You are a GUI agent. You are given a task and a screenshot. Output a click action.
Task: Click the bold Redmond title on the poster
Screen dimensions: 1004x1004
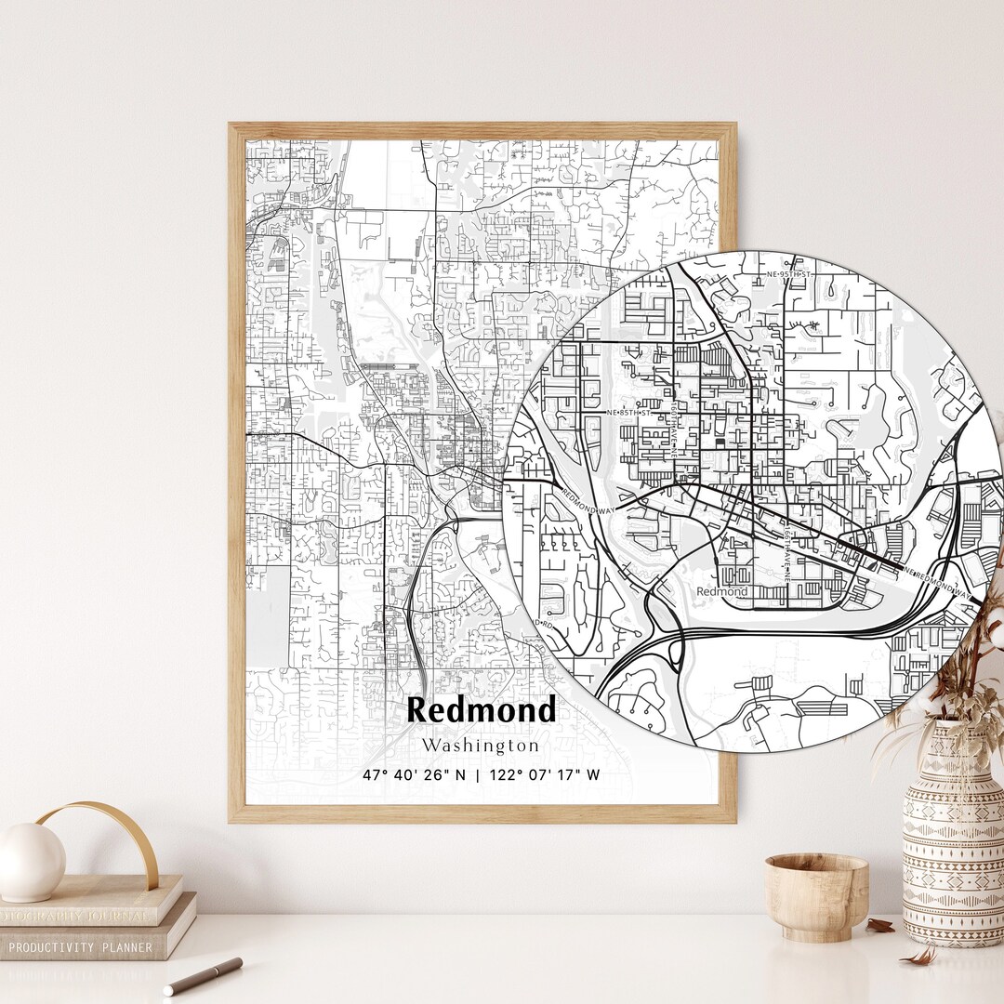click(x=482, y=710)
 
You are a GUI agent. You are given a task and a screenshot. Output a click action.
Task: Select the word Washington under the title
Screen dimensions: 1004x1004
click(x=480, y=746)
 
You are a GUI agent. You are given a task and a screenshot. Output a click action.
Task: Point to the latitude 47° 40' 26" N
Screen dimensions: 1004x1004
click(x=415, y=774)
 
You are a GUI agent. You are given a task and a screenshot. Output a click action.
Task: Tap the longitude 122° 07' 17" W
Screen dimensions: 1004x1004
click(x=545, y=774)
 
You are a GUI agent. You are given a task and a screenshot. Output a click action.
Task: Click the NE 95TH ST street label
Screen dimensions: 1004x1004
click(x=789, y=275)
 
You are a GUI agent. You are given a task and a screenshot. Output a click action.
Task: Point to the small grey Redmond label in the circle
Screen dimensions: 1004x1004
click(x=721, y=591)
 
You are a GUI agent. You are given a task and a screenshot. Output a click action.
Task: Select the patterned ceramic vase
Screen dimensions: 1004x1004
click(x=953, y=837)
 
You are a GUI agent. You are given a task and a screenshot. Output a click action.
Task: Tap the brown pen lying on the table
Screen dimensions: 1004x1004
click(x=203, y=976)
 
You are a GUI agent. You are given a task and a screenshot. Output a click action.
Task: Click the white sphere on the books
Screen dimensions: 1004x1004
click(x=31, y=862)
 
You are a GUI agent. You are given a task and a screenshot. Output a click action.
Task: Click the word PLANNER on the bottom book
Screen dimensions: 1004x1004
click(x=130, y=945)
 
